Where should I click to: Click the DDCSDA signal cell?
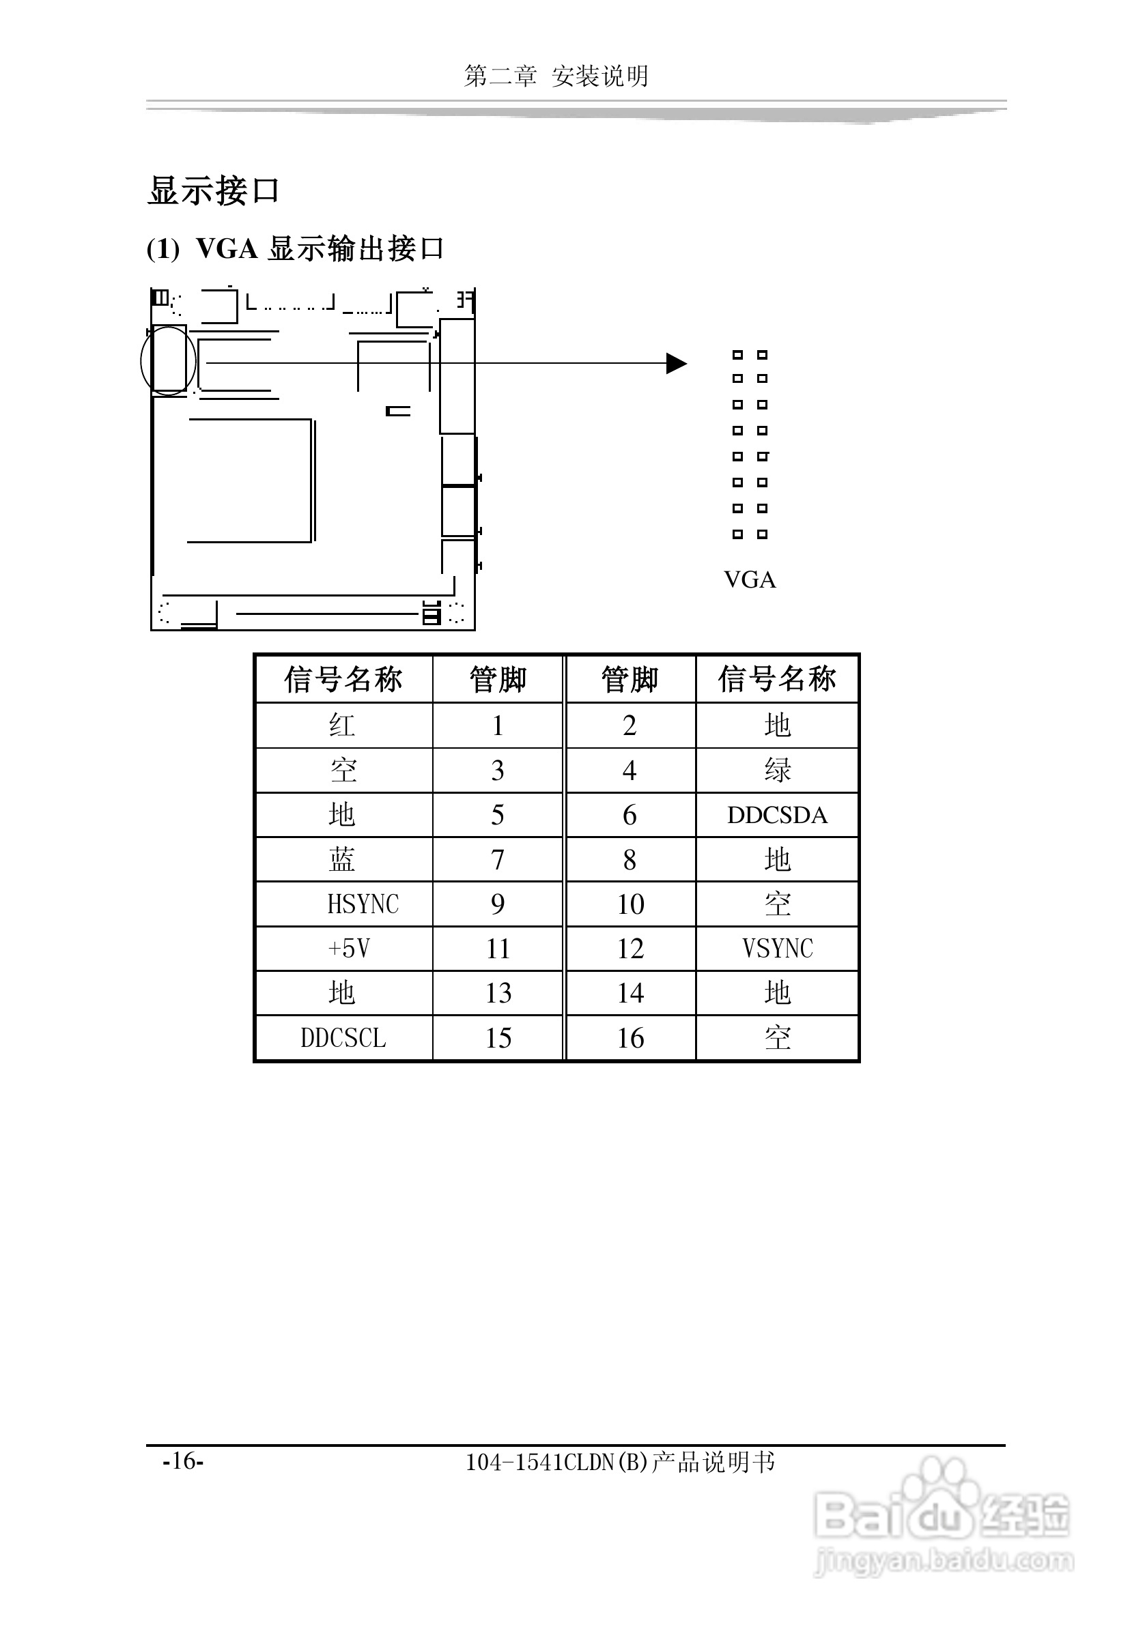coord(777,815)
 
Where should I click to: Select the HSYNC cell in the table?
coord(363,904)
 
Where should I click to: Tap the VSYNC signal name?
coord(778,949)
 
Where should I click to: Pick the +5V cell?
coord(349,949)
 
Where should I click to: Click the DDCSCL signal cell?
coord(343,1037)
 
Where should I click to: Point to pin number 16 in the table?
coord(630,1037)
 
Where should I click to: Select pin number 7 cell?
coord(498,859)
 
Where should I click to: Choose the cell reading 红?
coord(343,725)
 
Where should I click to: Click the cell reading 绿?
coord(778,770)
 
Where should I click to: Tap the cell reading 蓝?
coord(343,859)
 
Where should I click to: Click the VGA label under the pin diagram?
coord(750,579)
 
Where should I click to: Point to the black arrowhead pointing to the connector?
coord(676,364)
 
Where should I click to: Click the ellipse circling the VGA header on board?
coord(168,361)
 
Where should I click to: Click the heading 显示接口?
coord(213,191)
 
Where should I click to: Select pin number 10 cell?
coord(630,904)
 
